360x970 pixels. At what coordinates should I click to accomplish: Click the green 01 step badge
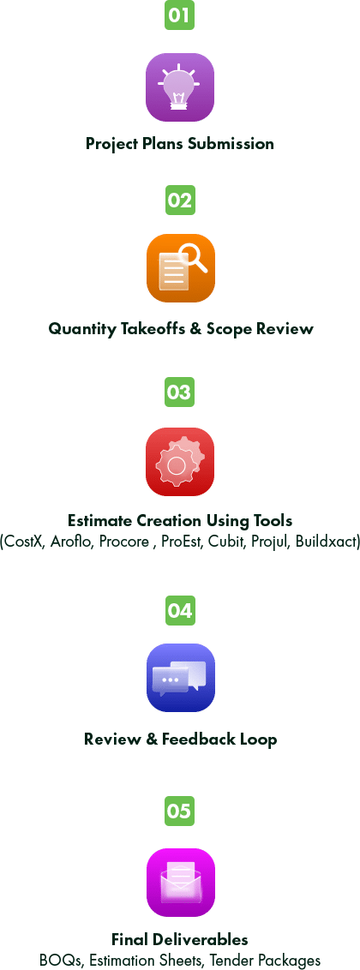(x=179, y=15)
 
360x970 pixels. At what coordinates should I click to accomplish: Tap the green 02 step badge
(x=180, y=200)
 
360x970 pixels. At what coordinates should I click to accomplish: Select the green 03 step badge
(x=179, y=392)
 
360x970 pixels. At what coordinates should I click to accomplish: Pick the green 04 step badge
(x=180, y=611)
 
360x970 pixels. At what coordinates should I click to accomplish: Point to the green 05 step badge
(x=179, y=811)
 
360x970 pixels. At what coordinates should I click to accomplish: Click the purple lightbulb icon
(x=180, y=87)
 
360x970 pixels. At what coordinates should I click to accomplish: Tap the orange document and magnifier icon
(x=181, y=268)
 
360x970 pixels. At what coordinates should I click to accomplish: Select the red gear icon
(x=180, y=462)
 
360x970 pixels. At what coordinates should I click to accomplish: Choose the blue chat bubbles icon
(x=181, y=678)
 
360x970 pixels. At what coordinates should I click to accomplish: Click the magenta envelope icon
(x=181, y=882)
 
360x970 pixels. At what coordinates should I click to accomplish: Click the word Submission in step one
(x=231, y=143)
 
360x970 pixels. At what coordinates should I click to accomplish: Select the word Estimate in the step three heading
(x=99, y=520)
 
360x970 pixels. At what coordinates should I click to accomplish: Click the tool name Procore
(x=123, y=542)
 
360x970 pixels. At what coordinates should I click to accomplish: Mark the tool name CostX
(x=23, y=542)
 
